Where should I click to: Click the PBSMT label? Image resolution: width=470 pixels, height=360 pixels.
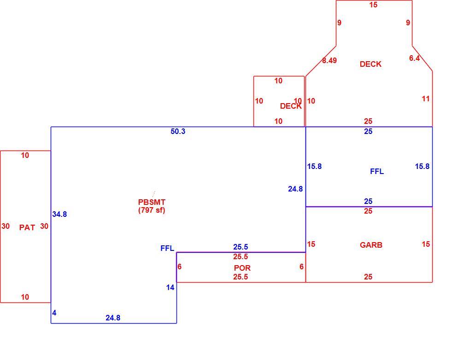pyautogui.click(x=152, y=202)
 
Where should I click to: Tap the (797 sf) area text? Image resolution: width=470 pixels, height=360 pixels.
pyautogui.click(x=152, y=210)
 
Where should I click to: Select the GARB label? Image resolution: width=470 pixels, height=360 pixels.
pyautogui.click(x=371, y=245)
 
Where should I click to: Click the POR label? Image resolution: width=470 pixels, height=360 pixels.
pyautogui.click(x=242, y=268)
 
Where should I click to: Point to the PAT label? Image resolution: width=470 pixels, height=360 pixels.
pyautogui.click(x=27, y=227)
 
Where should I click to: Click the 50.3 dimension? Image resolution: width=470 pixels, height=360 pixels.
pyautogui.click(x=178, y=132)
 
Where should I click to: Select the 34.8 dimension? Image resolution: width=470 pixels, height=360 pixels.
pyautogui.click(x=59, y=214)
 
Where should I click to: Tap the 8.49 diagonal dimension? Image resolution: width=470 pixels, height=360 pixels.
pyautogui.click(x=329, y=60)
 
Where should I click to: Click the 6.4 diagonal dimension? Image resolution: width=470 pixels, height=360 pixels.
pyautogui.click(x=415, y=58)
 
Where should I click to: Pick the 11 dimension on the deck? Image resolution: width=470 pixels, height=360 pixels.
pyautogui.click(x=426, y=99)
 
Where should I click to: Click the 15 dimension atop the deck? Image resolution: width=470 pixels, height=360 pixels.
pyautogui.click(x=373, y=5)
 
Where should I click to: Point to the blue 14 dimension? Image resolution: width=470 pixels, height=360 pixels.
pyautogui.click(x=170, y=288)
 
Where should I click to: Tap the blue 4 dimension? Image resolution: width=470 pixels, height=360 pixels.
pyautogui.click(x=54, y=313)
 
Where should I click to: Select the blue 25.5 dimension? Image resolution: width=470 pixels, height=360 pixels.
pyautogui.click(x=241, y=247)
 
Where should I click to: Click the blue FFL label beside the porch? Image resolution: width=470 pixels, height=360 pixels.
pyautogui.click(x=167, y=248)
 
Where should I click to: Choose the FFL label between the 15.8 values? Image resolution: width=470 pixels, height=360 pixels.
pyautogui.click(x=377, y=171)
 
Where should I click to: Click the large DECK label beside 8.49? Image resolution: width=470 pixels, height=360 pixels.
pyautogui.click(x=370, y=64)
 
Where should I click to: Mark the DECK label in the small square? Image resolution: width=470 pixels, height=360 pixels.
pyautogui.click(x=291, y=106)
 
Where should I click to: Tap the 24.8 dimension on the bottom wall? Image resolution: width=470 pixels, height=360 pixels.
pyautogui.click(x=113, y=318)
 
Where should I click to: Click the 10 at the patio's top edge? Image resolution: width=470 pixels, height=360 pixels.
pyautogui.click(x=25, y=156)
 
